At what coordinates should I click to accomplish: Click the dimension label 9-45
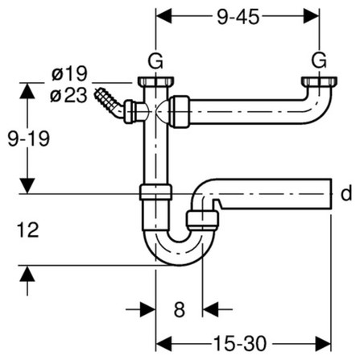pos(238,17)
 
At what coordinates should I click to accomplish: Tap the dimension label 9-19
pos(29,139)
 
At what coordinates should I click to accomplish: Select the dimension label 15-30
pos(240,344)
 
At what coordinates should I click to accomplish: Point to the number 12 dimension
pos(28,230)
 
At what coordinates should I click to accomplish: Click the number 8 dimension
pos(180,309)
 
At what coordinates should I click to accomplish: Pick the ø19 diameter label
pos(69,73)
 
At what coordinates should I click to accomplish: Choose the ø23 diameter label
pos(68,95)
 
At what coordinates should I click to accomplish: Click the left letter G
pos(155,61)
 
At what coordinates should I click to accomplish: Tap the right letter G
pos(319,60)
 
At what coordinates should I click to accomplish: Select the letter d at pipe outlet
pos(346,193)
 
